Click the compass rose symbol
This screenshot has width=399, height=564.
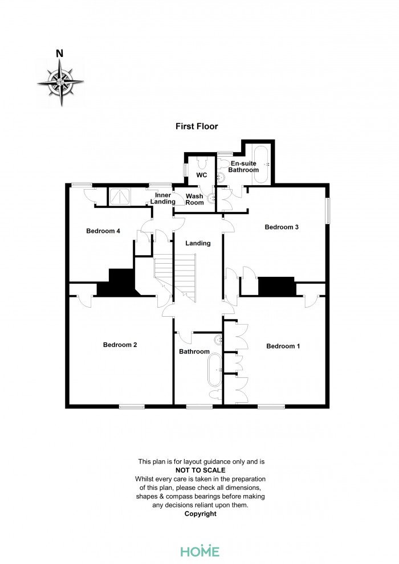click(x=60, y=82)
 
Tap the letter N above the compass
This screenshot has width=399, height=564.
click(x=59, y=54)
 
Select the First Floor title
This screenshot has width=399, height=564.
click(x=197, y=126)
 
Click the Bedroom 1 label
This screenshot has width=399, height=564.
click(x=283, y=346)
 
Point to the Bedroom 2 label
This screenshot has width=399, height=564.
click(x=120, y=345)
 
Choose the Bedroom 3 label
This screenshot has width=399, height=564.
click(x=282, y=227)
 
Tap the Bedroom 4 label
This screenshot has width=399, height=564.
click(x=103, y=231)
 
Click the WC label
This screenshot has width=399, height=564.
click(x=201, y=174)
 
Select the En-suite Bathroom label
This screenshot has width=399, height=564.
click(x=245, y=166)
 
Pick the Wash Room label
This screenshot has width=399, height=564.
click(x=195, y=199)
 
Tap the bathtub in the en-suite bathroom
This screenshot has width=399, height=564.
click(x=261, y=165)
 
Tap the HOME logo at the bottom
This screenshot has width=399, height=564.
click(x=199, y=551)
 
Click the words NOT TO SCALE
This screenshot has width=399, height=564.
click(x=201, y=470)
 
